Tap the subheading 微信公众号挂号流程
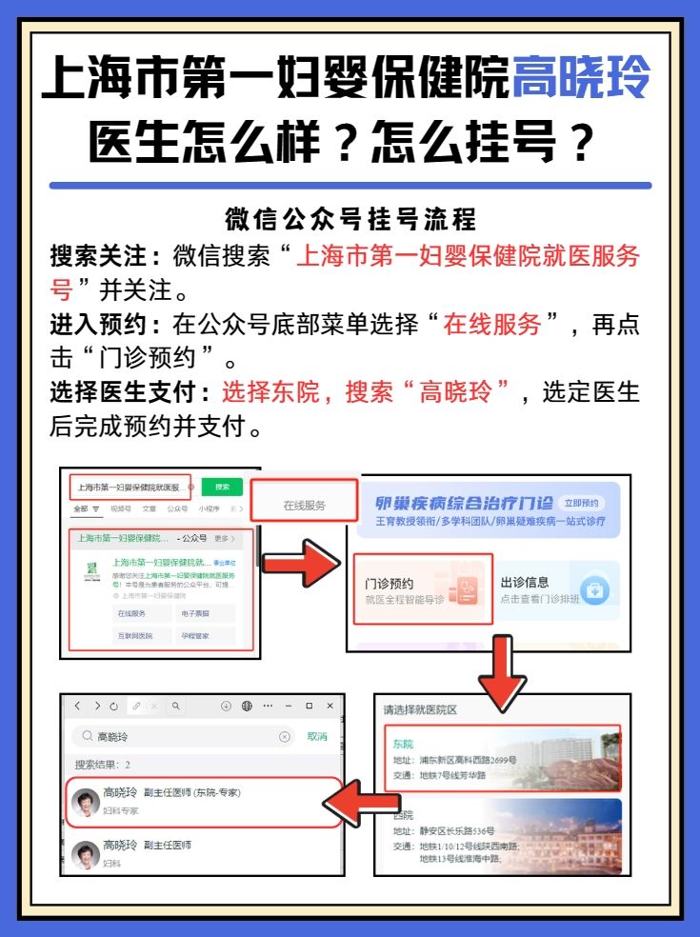[350, 221]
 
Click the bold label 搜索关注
[107, 256]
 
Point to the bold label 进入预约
[107, 325]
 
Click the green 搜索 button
[222, 487]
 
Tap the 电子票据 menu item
[193, 613]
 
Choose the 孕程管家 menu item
[193, 635]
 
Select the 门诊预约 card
[422, 589]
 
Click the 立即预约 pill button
[581, 503]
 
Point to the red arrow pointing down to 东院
[501, 676]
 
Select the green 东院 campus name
[403, 744]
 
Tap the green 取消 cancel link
[317, 736]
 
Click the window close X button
[330, 706]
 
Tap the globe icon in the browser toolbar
[247, 706]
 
